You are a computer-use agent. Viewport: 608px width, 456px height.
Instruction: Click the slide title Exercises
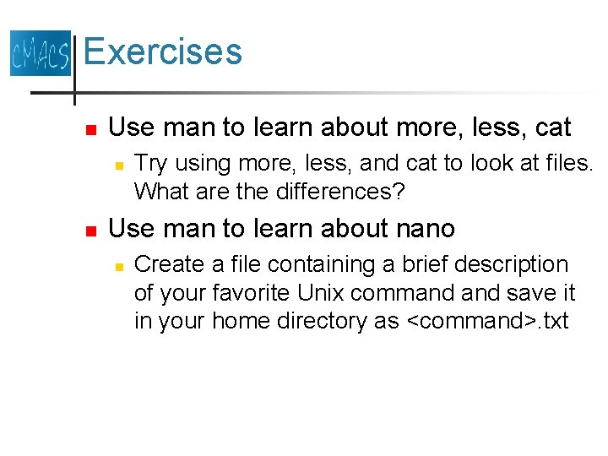tap(163, 52)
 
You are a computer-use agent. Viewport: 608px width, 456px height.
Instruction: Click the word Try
tap(152, 162)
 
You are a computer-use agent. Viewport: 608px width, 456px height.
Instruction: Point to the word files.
tap(565, 162)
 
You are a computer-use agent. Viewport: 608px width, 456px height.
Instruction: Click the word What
tap(162, 192)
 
